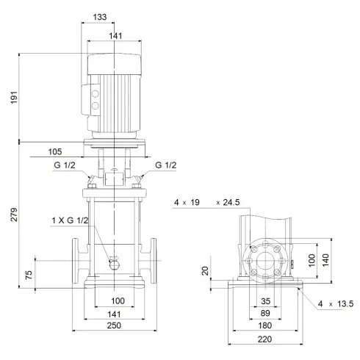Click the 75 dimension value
[29, 275]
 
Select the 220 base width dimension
[266, 341]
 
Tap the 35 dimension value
[266, 300]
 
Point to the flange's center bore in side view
[266, 262]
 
